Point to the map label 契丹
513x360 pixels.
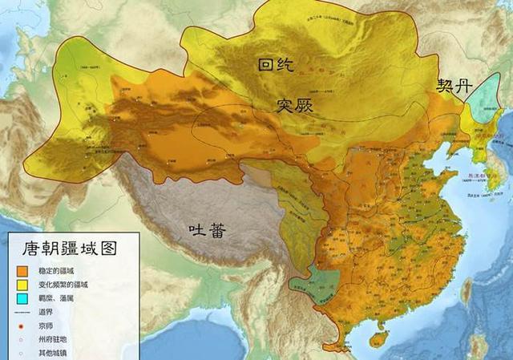455,86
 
